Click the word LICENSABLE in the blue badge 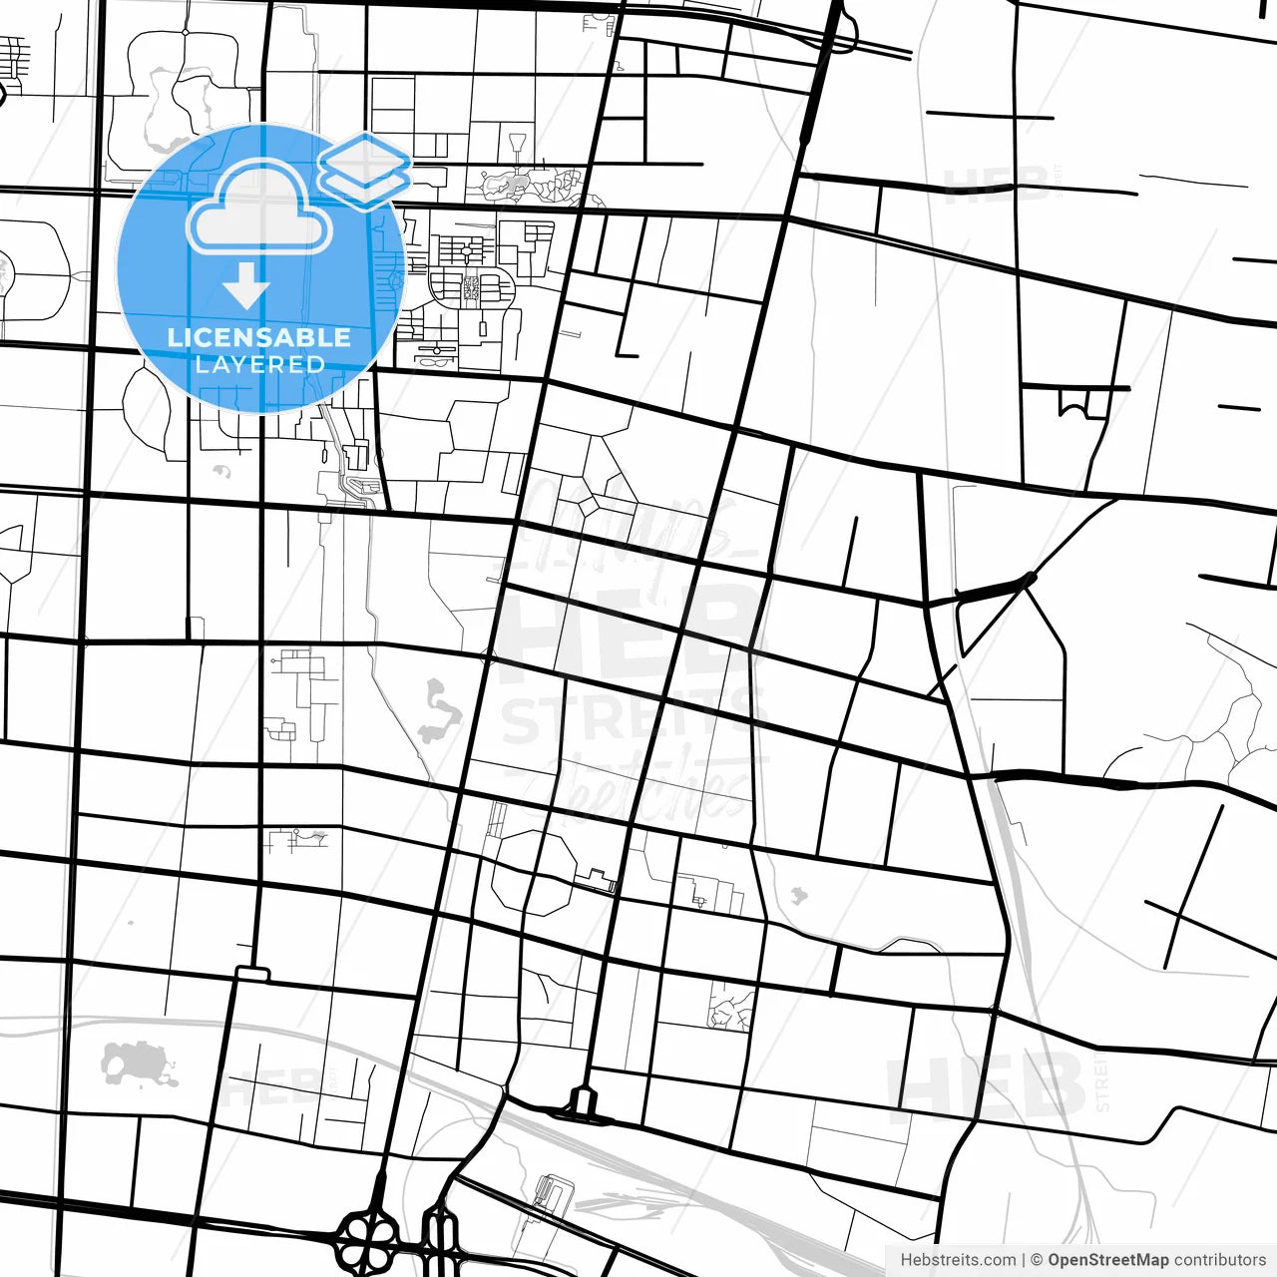(259, 337)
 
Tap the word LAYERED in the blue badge (259, 364)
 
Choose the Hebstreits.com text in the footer (958, 1260)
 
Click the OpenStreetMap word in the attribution (1107, 1260)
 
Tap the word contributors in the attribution (1219, 1260)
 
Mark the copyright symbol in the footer (1037, 1260)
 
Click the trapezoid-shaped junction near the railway (583, 1102)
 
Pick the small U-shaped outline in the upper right (1072, 404)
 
